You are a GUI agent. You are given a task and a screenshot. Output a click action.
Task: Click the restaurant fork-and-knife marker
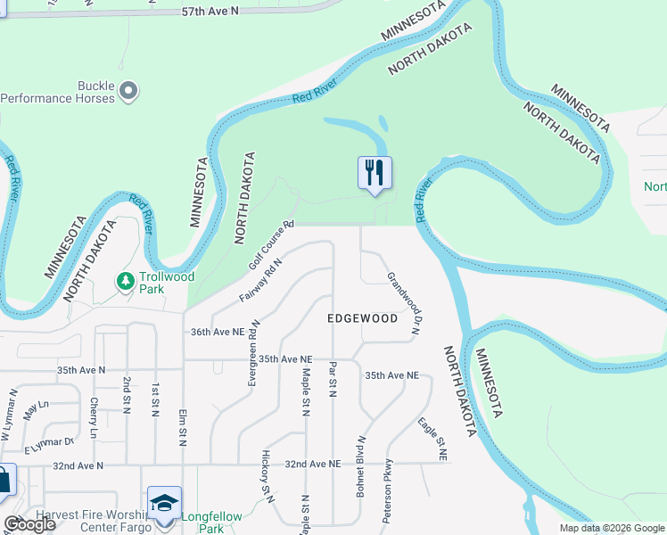[x=375, y=172]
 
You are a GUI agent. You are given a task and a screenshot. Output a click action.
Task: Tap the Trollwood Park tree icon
[x=126, y=282]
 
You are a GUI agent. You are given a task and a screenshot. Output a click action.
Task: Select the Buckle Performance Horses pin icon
[x=128, y=90]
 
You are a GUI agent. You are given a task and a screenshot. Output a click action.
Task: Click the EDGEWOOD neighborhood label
[x=362, y=318]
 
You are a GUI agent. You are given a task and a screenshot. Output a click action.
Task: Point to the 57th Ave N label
[x=211, y=12]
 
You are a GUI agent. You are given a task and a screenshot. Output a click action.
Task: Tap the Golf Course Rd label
[x=271, y=245]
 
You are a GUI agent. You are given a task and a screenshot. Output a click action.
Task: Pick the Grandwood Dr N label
[x=403, y=303]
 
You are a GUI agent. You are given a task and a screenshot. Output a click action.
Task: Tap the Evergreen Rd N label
[x=253, y=352]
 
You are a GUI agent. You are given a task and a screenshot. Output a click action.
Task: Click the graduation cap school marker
[x=164, y=504]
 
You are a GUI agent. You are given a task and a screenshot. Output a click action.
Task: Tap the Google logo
[x=29, y=524]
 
